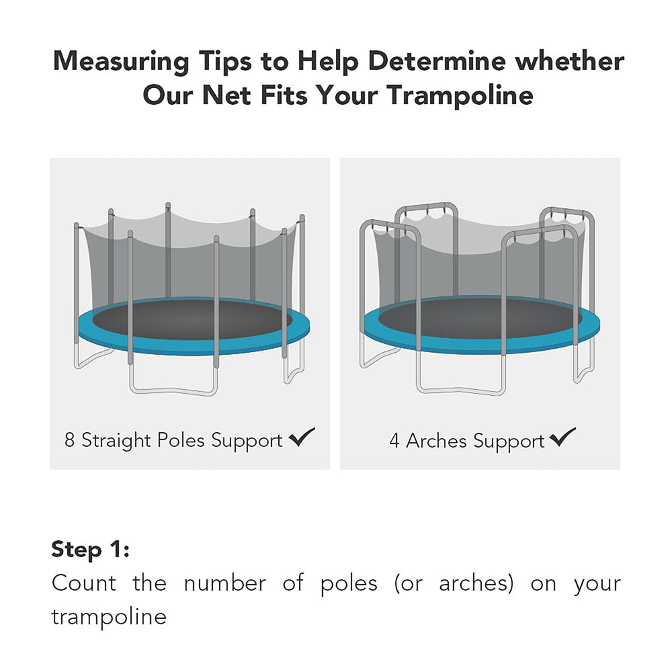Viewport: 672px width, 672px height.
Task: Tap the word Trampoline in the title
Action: point(460,95)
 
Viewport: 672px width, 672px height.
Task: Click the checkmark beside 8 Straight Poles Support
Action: point(302,438)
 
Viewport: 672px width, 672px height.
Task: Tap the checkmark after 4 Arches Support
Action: point(562,438)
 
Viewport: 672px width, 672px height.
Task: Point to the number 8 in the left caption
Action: point(70,441)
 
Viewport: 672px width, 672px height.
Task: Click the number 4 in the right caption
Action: point(394,442)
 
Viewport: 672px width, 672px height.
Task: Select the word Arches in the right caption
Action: point(437,442)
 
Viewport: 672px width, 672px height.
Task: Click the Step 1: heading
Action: point(90,549)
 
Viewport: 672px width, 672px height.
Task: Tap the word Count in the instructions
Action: point(83,583)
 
